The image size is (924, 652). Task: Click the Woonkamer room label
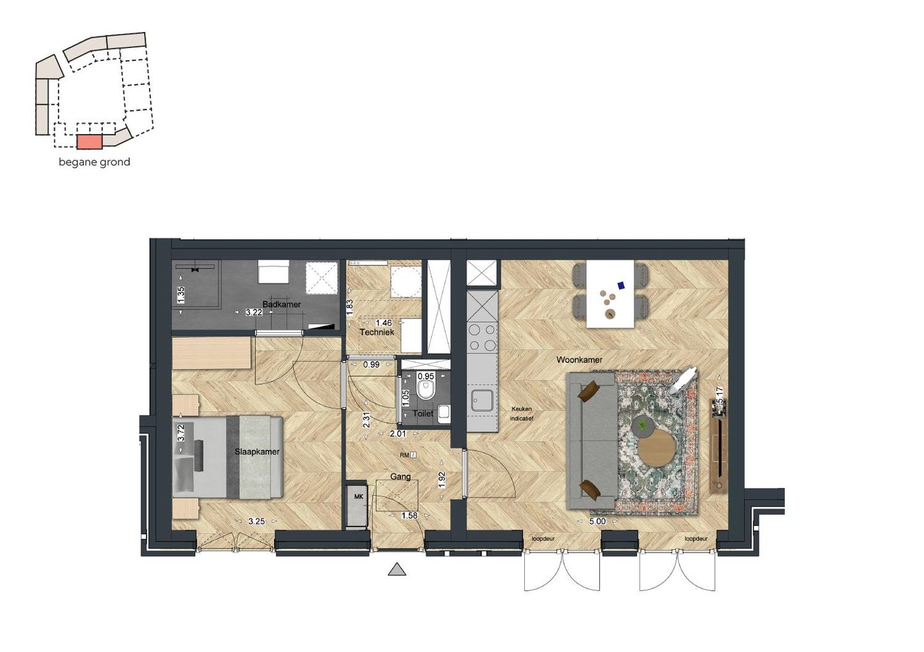coord(579,360)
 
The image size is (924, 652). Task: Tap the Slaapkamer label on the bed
coord(257,452)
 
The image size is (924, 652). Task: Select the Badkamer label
coord(281,305)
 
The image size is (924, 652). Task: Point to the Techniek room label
coord(377,332)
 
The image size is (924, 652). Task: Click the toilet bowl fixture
coord(425,390)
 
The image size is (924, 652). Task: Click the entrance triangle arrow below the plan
coord(397,569)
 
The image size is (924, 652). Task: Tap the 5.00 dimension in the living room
coord(597,521)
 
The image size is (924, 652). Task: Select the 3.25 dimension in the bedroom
coord(257,521)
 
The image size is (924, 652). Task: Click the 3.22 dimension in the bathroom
coord(254,313)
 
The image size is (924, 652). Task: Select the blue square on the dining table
coord(621,285)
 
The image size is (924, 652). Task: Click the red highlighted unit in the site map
coord(89,142)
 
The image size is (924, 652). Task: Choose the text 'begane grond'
coord(94,162)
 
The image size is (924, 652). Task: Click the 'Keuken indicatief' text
coord(522,414)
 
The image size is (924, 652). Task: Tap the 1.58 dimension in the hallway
coord(409,515)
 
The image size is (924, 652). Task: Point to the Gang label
coord(400,477)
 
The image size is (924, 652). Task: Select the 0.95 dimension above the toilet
coord(425,376)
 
